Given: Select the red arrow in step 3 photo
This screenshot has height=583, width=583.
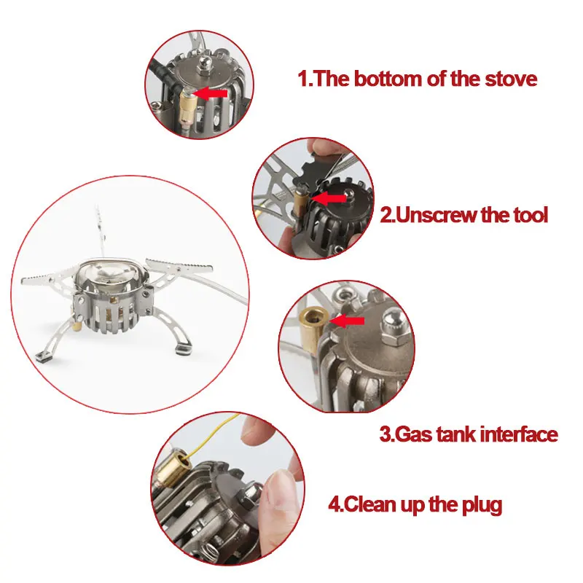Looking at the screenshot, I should coord(348,321).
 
